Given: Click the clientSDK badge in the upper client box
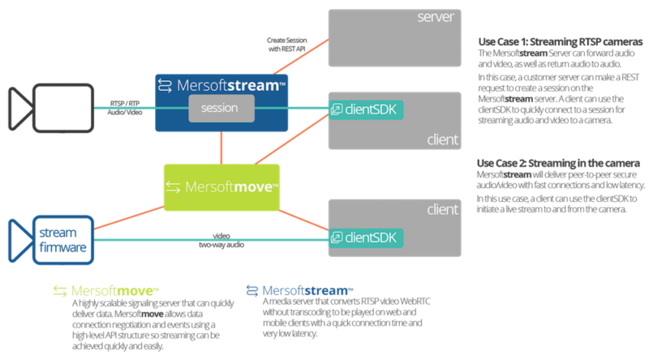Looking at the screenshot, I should pyautogui.click(x=365, y=109).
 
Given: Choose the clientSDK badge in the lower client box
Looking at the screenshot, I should pyautogui.click(x=365, y=238).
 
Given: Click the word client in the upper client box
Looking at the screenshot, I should pyautogui.click(x=442, y=140).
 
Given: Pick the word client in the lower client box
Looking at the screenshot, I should pyautogui.click(x=442, y=210).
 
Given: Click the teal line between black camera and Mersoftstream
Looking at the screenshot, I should pyautogui.click(x=122, y=108).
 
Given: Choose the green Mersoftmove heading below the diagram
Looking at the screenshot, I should pyautogui.click(x=105, y=289).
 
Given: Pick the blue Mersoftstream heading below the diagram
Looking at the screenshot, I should pyautogui.click(x=300, y=289).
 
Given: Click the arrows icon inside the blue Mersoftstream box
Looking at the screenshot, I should pyautogui.click(x=165, y=84).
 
